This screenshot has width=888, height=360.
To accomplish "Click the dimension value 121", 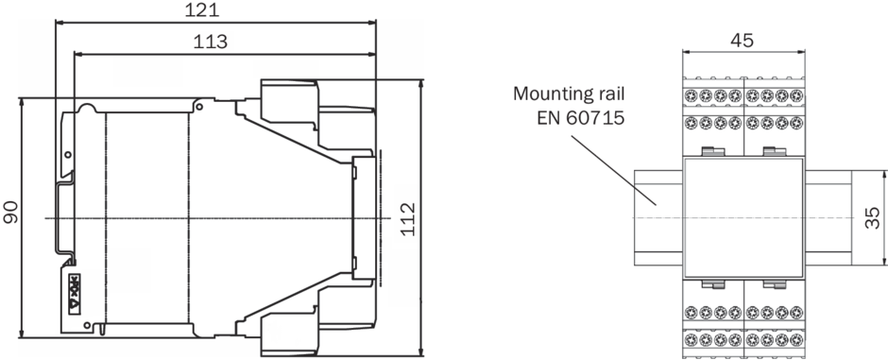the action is [202, 9].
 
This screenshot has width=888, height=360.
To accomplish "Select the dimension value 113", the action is [210, 42].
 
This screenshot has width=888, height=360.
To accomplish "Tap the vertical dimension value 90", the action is [10, 211].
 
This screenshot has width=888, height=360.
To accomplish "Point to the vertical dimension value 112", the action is [408, 218].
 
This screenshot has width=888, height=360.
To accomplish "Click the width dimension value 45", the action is [742, 40].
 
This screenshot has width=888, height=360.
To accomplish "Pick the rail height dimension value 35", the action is [873, 218].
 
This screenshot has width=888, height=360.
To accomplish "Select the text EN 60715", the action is [580, 118].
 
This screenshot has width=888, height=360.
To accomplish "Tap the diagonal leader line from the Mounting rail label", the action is [613, 170].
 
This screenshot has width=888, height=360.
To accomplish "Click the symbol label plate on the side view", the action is [75, 294].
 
